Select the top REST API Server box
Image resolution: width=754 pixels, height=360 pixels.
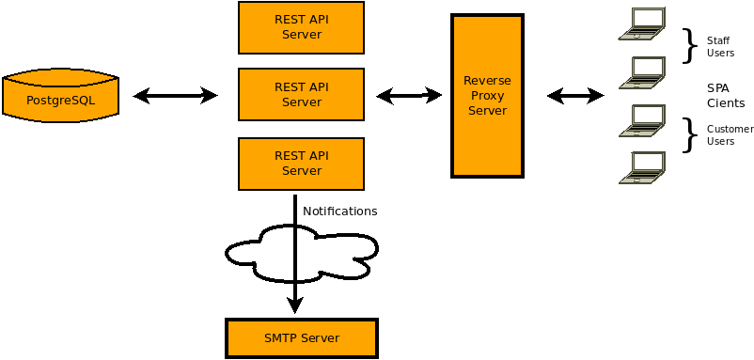pyautogui.click(x=301, y=27)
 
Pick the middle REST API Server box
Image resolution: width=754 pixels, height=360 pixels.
pyautogui.click(x=301, y=94)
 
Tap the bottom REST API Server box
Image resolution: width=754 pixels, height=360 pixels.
pyautogui.click(x=301, y=164)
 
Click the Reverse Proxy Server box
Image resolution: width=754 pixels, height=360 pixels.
pyautogui.click(x=487, y=96)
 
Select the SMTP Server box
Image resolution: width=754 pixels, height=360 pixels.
pyautogui.click(x=301, y=338)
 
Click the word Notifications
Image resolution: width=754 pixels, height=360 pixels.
pyautogui.click(x=339, y=211)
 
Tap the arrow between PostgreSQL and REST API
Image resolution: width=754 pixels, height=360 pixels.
pyautogui.click(x=175, y=95)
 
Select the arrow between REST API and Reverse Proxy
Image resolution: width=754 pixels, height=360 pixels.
pyautogui.click(x=409, y=95)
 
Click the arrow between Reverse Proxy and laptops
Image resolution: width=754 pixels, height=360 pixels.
pyautogui.click(x=575, y=95)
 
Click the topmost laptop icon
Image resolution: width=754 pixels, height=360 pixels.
pyautogui.click(x=641, y=24)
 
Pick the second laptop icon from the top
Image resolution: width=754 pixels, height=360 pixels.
pyautogui.click(x=641, y=73)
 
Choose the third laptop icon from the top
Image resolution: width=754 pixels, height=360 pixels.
pyautogui.click(x=641, y=120)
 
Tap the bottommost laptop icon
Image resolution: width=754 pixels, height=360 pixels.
pyautogui.click(x=641, y=168)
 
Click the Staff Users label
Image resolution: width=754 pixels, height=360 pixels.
pyautogui.click(x=718, y=47)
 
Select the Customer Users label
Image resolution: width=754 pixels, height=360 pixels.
pyautogui.click(x=730, y=135)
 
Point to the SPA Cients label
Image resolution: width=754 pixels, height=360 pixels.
pyautogui.click(x=725, y=95)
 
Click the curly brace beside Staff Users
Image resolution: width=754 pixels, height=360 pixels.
pyautogui.click(x=690, y=46)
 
